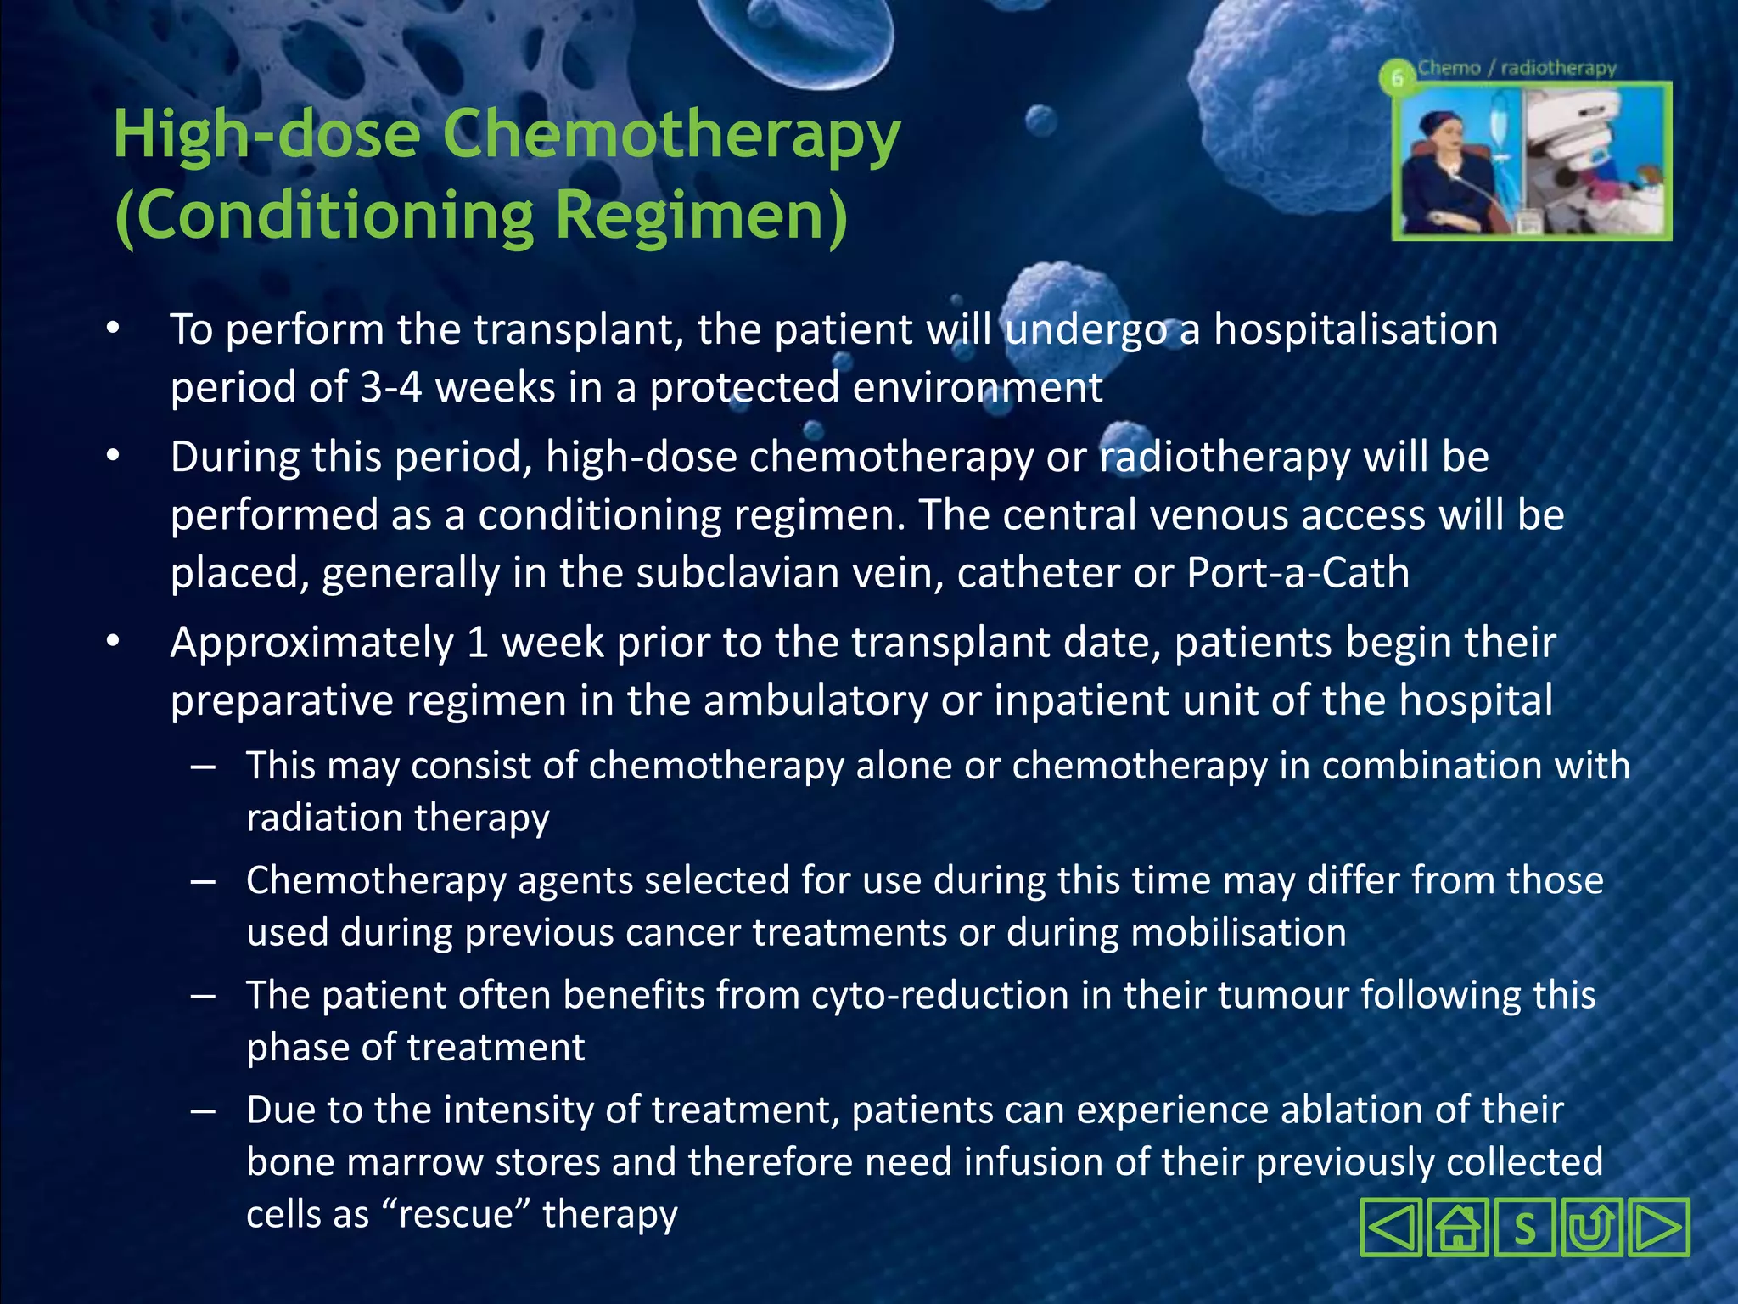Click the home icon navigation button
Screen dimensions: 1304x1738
1458,1228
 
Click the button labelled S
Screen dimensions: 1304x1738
1525,1228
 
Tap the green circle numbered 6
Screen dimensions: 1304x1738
1397,78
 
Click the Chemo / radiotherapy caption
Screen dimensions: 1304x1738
1517,68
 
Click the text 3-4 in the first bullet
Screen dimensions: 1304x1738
390,388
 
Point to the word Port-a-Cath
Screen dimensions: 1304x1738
1298,573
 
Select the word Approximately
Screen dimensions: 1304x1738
312,644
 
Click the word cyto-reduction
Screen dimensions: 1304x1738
939,996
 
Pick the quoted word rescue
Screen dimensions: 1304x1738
456,1214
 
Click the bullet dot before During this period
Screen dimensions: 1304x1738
114,457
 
